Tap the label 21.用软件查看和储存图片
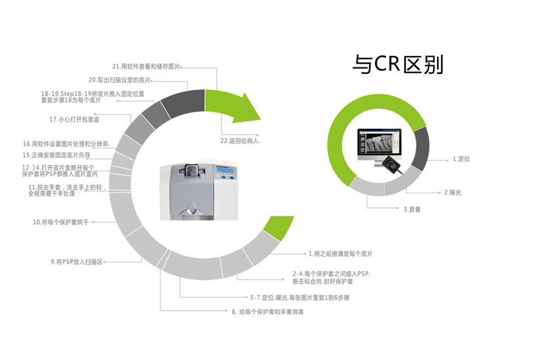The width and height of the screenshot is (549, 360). click(146, 67)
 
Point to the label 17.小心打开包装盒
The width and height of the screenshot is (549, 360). click(74, 119)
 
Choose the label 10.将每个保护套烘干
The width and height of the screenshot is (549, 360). click(60, 222)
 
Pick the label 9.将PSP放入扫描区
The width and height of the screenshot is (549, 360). click(76, 262)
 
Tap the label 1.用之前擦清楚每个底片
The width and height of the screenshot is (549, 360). click(340, 253)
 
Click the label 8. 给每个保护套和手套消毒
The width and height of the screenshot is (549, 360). click(268, 311)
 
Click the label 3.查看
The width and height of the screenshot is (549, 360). click(412, 210)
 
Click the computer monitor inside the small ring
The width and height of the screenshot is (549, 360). click(379, 144)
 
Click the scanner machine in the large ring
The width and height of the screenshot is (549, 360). click(200, 192)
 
